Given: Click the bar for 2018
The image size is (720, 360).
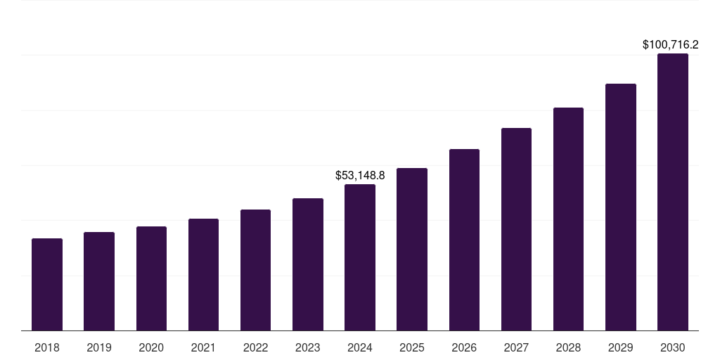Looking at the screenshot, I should tap(47, 285).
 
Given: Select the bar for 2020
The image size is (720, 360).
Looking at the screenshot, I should tap(151, 278).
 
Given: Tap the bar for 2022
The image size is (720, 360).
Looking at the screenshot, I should tap(255, 270).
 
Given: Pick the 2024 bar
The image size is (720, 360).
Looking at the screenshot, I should tap(360, 257).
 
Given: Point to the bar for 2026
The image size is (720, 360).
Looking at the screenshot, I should tap(464, 240).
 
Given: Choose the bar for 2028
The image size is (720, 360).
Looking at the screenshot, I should tap(568, 219).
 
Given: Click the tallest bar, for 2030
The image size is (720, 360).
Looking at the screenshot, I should tap(673, 192).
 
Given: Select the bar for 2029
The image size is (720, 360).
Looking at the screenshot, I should tap(621, 207).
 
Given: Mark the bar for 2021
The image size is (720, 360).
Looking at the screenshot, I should tap(203, 275).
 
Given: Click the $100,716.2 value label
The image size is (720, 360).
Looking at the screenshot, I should tap(670, 45).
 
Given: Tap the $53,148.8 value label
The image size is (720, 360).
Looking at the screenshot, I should tap(360, 175).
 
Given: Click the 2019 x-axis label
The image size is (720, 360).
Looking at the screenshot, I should tap(99, 348).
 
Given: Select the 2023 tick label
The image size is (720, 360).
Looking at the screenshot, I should tap(308, 348).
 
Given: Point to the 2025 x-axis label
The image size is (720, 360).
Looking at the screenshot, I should tap(412, 348).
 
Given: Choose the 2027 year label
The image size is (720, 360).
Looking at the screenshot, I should tap(516, 348).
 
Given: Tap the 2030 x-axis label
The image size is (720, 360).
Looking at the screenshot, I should tap(673, 348).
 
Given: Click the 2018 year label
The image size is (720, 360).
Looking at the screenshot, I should tap(47, 348).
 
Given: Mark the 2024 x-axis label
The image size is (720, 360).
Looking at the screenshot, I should tap(360, 348).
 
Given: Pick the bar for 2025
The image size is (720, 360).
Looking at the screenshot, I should tap(412, 250).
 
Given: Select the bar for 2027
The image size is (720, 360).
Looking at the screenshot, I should tap(516, 229).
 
